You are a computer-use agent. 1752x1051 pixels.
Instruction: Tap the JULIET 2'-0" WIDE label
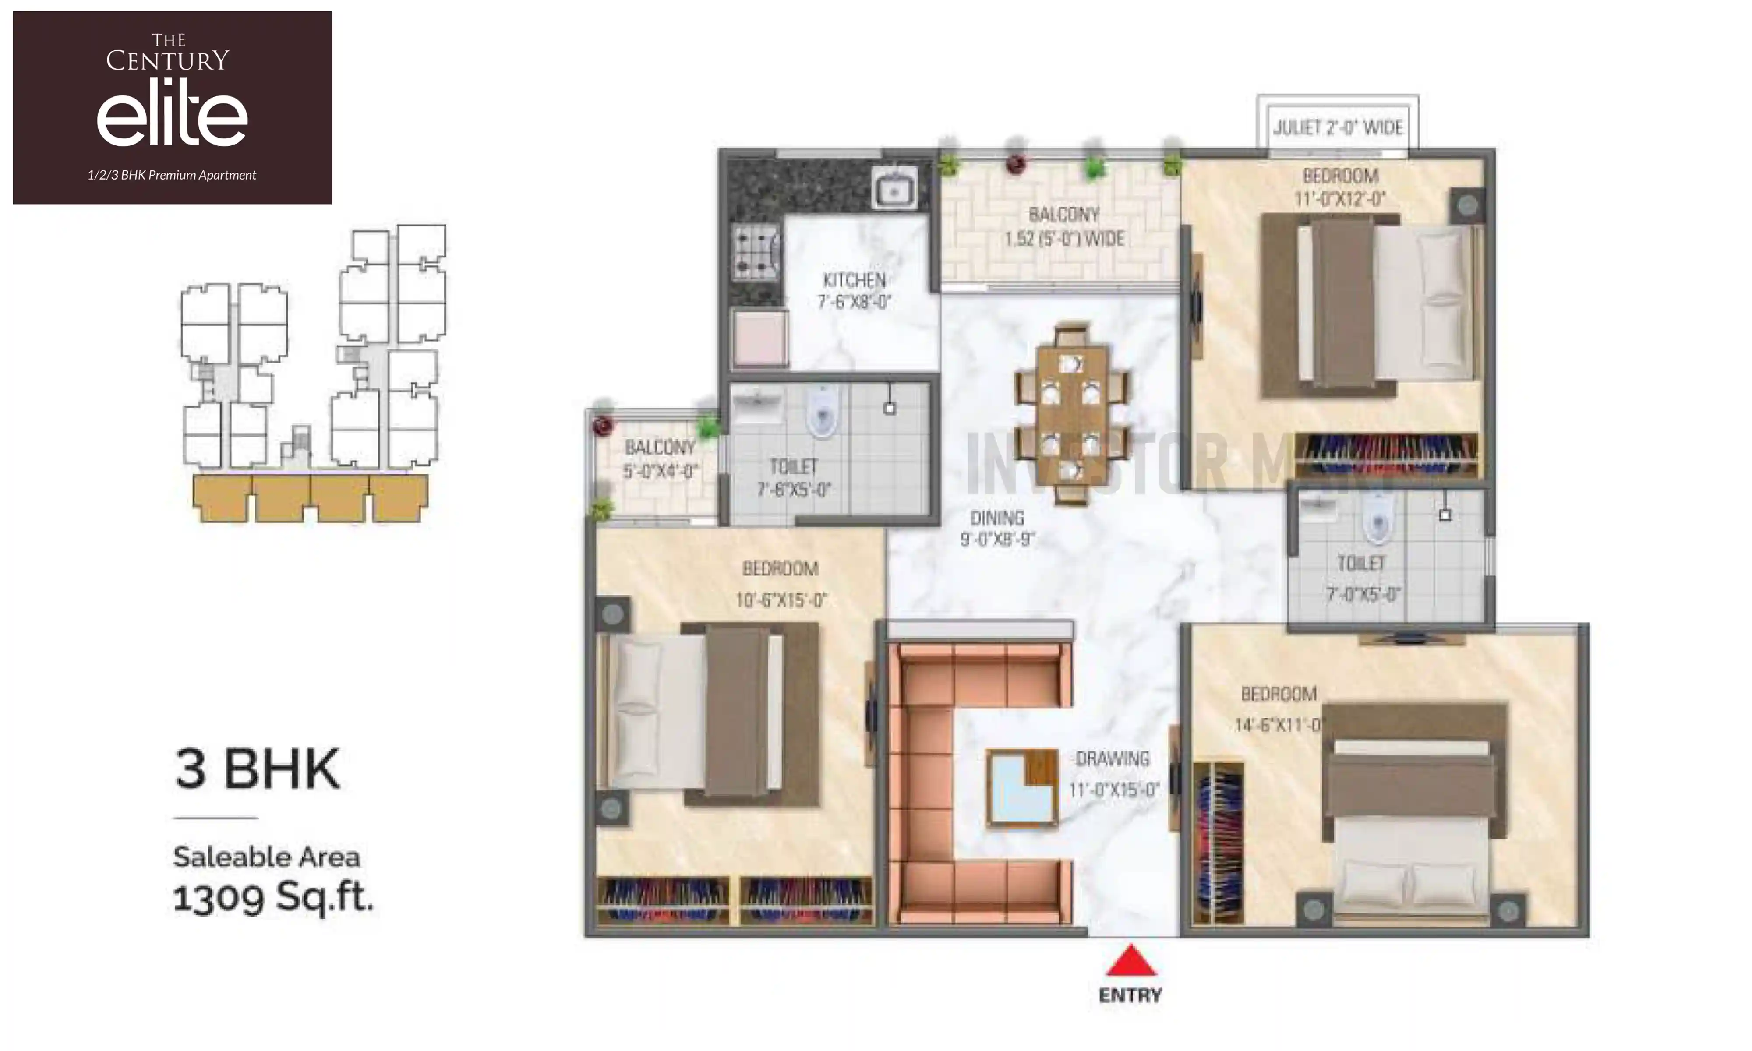click(x=1337, y=127)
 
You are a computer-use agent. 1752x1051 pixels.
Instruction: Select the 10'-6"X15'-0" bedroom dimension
click(x=781, y=600)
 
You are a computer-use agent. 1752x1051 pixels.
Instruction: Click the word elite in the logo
click(x=172, y=117)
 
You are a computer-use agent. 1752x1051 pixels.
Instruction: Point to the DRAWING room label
click(x=1112, y=759)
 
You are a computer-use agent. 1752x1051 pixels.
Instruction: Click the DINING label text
click(x=997, y=518)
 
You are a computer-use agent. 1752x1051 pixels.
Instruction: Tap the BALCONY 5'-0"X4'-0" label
click(x=660, y=458)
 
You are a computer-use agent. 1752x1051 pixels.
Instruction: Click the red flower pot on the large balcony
click(x=1016, y=164)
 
